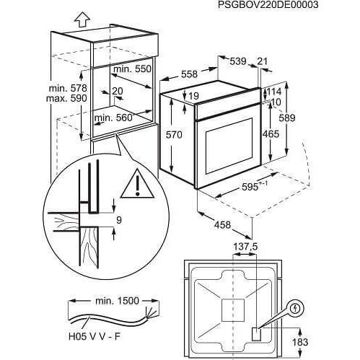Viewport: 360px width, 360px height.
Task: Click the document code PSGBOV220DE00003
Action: click(x=268, y=5)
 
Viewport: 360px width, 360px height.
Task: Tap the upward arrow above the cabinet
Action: click(x=82, y=19)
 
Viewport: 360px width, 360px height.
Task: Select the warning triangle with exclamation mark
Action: click(x=137, y=183)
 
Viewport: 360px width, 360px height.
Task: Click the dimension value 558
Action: click(x=189, y=74)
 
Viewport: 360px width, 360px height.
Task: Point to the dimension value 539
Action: click(x=238, y=61)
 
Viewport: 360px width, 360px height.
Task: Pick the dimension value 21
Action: click(x=262, y=61)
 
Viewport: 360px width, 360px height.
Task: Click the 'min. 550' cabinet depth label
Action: click(x=132, y=69)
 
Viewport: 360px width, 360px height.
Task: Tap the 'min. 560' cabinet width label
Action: click(x=113, y=118)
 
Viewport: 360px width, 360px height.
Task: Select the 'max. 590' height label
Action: click(x=66, y=98)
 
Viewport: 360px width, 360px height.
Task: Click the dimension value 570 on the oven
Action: click(x=174, y=135)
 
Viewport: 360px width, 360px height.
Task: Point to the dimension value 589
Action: click(x=287, y=118)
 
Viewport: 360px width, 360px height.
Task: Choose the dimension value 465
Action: click(x=271, y=134)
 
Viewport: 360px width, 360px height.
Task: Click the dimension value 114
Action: click(x=274, y=92)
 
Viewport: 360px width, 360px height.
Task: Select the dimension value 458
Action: click(x=222, y=225)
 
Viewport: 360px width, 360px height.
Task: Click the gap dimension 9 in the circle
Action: click(x=119, y=220)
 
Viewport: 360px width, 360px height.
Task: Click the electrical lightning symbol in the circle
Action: click(x=297, y=308)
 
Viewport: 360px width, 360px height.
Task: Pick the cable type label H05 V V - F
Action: click(x=95, y=337)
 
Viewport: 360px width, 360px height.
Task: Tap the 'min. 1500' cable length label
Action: click(x=117, y=301)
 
